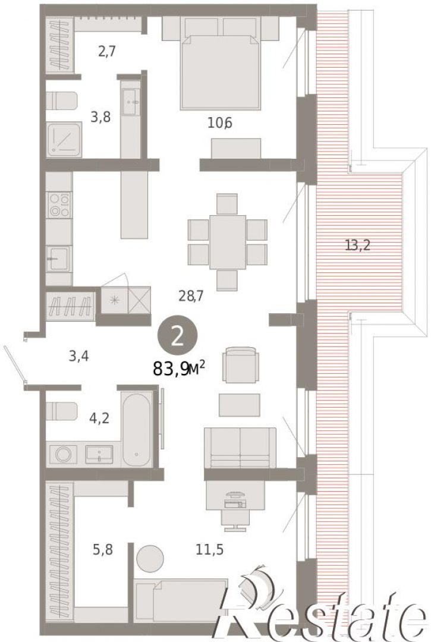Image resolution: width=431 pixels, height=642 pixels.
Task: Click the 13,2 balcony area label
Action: tap(358, 246)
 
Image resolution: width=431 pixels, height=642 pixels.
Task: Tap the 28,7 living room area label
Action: tap(191, 295)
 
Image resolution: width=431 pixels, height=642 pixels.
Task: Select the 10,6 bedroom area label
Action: tap(220, 122)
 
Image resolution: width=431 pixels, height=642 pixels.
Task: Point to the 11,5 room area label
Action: tap(210, 549)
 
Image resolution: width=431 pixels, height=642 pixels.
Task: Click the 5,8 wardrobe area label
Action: tap(102, 549)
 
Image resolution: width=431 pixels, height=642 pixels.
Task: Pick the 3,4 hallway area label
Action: tap(78, 356)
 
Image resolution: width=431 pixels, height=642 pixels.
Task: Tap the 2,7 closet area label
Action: tap(107, 52)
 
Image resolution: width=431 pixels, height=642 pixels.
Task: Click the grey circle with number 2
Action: tap(178, 336)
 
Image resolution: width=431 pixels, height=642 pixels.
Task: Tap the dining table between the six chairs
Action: tap(228, 242)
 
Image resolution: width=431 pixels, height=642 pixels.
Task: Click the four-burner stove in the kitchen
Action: tap(59, 205)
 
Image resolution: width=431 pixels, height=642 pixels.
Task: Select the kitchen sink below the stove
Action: tap(59, 259)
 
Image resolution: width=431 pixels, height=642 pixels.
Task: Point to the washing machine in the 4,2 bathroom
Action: tap(63, 455)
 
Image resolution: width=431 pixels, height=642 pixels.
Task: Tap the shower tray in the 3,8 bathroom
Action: tap(64, 140)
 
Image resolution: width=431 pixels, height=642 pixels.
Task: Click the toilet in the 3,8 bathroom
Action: tap(61, 101)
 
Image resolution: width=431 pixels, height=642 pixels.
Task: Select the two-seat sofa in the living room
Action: tap(240, 448)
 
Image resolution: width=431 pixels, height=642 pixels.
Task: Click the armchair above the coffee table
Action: tap(241, 364)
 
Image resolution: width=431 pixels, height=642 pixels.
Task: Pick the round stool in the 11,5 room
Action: tap(150, 558)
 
